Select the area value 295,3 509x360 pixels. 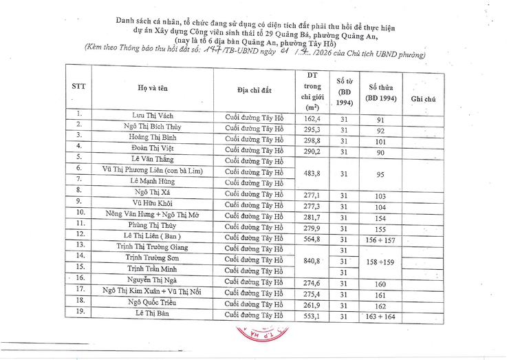pyautogui.click(x=312, y=129)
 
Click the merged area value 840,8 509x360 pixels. pyautogui.click(x=312, y=262)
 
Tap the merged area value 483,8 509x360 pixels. pyautogui.click(x=312, y=173)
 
